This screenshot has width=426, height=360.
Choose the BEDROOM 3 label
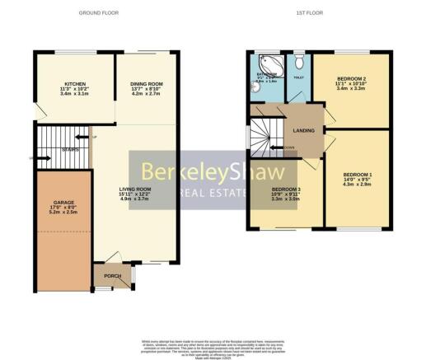[286, 189]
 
